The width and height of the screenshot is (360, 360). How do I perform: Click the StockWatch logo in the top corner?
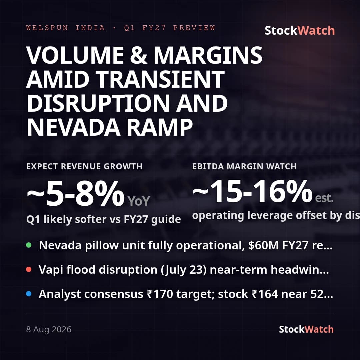click(x=300, y=31)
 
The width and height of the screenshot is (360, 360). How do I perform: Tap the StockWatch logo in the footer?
click(x=306, y=329)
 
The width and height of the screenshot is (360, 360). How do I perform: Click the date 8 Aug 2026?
click(x=49, y=329)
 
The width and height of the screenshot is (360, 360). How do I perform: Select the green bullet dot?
click(x=29, y=245)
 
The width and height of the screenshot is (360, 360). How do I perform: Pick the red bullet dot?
click(x=29, y=269)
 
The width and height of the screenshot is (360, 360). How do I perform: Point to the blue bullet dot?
click(x=29, y=294)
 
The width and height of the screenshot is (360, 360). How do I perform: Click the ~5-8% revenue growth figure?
click(x=76, y=193)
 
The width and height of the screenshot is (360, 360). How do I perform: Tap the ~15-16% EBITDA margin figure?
click(x=252, y=191)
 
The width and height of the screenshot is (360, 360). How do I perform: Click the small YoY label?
click(x=139, y=201)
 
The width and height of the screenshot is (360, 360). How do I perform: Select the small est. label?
click(x=324, y=198)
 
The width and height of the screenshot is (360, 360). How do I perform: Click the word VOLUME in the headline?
click(x=75, y=55)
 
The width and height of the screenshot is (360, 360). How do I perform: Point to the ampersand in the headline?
click(x=138, y=55)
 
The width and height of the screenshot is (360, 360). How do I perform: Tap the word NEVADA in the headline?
click(x=73, y=128)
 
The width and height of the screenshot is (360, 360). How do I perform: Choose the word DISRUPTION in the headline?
click(x=98, y=103)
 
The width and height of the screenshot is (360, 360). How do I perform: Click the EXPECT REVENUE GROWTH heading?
click(x=84, y=166)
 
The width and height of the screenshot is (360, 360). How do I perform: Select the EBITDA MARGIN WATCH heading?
click(x=244, y=166)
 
